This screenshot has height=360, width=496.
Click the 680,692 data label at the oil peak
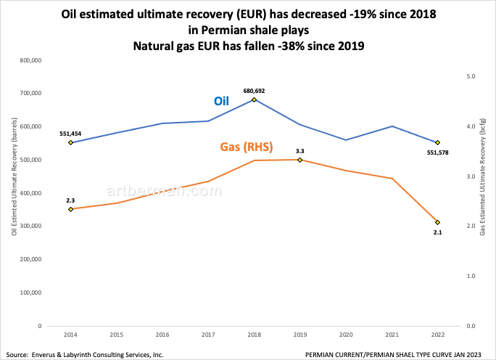point(254,91)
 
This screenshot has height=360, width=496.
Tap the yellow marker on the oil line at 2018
point(254,99)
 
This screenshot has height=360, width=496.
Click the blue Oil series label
point(222,101)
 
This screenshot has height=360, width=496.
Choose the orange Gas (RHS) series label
point(246,147)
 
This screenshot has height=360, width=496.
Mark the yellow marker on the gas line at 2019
point(299,160)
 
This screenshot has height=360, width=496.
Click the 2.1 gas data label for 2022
point(437,232)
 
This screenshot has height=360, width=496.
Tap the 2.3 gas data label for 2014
point(70,200)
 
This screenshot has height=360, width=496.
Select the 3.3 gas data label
point(299,151)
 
